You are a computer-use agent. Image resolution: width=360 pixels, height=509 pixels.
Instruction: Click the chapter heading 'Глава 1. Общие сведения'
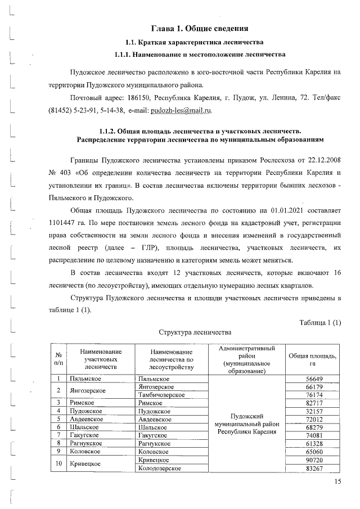(x=200, y=28)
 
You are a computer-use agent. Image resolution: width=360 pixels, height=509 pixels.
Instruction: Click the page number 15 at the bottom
(x=337, y=481)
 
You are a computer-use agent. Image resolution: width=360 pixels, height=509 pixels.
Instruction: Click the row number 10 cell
(x=58, y=463)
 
